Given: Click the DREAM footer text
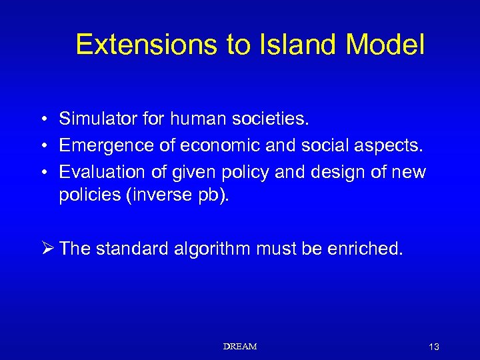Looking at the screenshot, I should tap(240, 347).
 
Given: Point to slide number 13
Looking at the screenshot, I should tap(434, 347).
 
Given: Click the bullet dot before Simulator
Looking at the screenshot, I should tap(42, 120).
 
